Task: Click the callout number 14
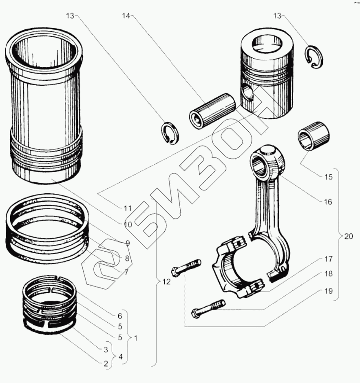125,16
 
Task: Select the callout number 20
349,237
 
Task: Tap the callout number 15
329,177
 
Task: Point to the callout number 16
328,201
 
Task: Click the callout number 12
165,281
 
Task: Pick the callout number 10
128,224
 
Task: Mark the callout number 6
120,316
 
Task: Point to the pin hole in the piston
247,93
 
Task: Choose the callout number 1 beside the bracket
135,338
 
